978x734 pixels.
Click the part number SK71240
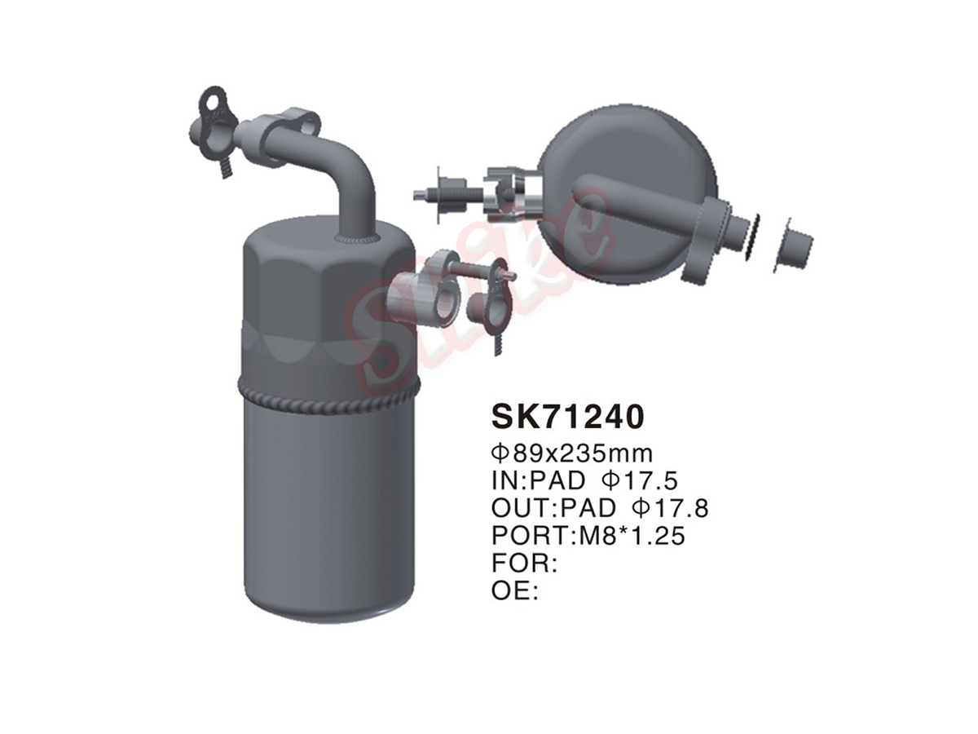pos(567,417)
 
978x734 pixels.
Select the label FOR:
pos(524,564)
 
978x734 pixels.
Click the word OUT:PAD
pos(554,508)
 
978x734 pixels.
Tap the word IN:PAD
pos(538,481)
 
